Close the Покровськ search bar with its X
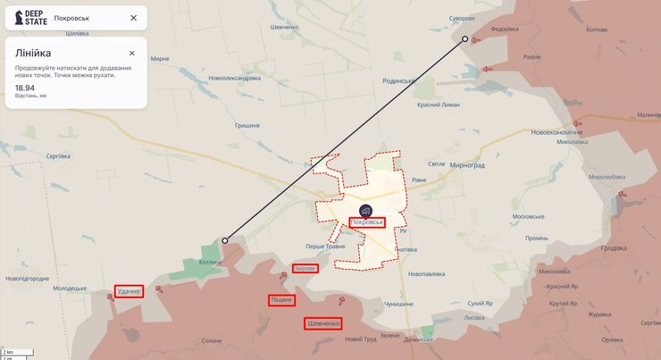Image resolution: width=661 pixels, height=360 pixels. click(x=133, y=17)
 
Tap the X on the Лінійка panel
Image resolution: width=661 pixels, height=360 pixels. click(x=132, y=53)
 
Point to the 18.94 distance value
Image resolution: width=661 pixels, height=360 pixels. click(x=25, y=88)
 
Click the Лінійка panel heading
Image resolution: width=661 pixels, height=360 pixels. click(x=34, y=53)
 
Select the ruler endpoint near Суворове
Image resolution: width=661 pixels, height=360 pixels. click(x=464, y=38)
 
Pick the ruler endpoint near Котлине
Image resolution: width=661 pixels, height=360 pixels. click(x=225, y=240)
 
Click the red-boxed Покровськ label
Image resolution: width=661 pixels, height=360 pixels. click(x=367, y=222)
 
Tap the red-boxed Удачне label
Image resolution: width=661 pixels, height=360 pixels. click(x=129, y=291)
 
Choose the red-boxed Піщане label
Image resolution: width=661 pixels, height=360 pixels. click(x=281, y=300)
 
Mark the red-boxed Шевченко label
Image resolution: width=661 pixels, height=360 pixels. click(x=323, y=322)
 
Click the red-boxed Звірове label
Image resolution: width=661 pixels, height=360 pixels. click(x=305, y=269)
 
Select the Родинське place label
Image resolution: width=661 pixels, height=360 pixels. click(x=398, y=81)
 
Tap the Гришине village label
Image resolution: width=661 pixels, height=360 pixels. click(x=247, y=126)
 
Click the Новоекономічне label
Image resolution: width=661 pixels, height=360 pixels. click(x=556, y=132)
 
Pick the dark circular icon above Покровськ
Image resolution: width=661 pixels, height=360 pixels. click(x=366, y=209)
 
